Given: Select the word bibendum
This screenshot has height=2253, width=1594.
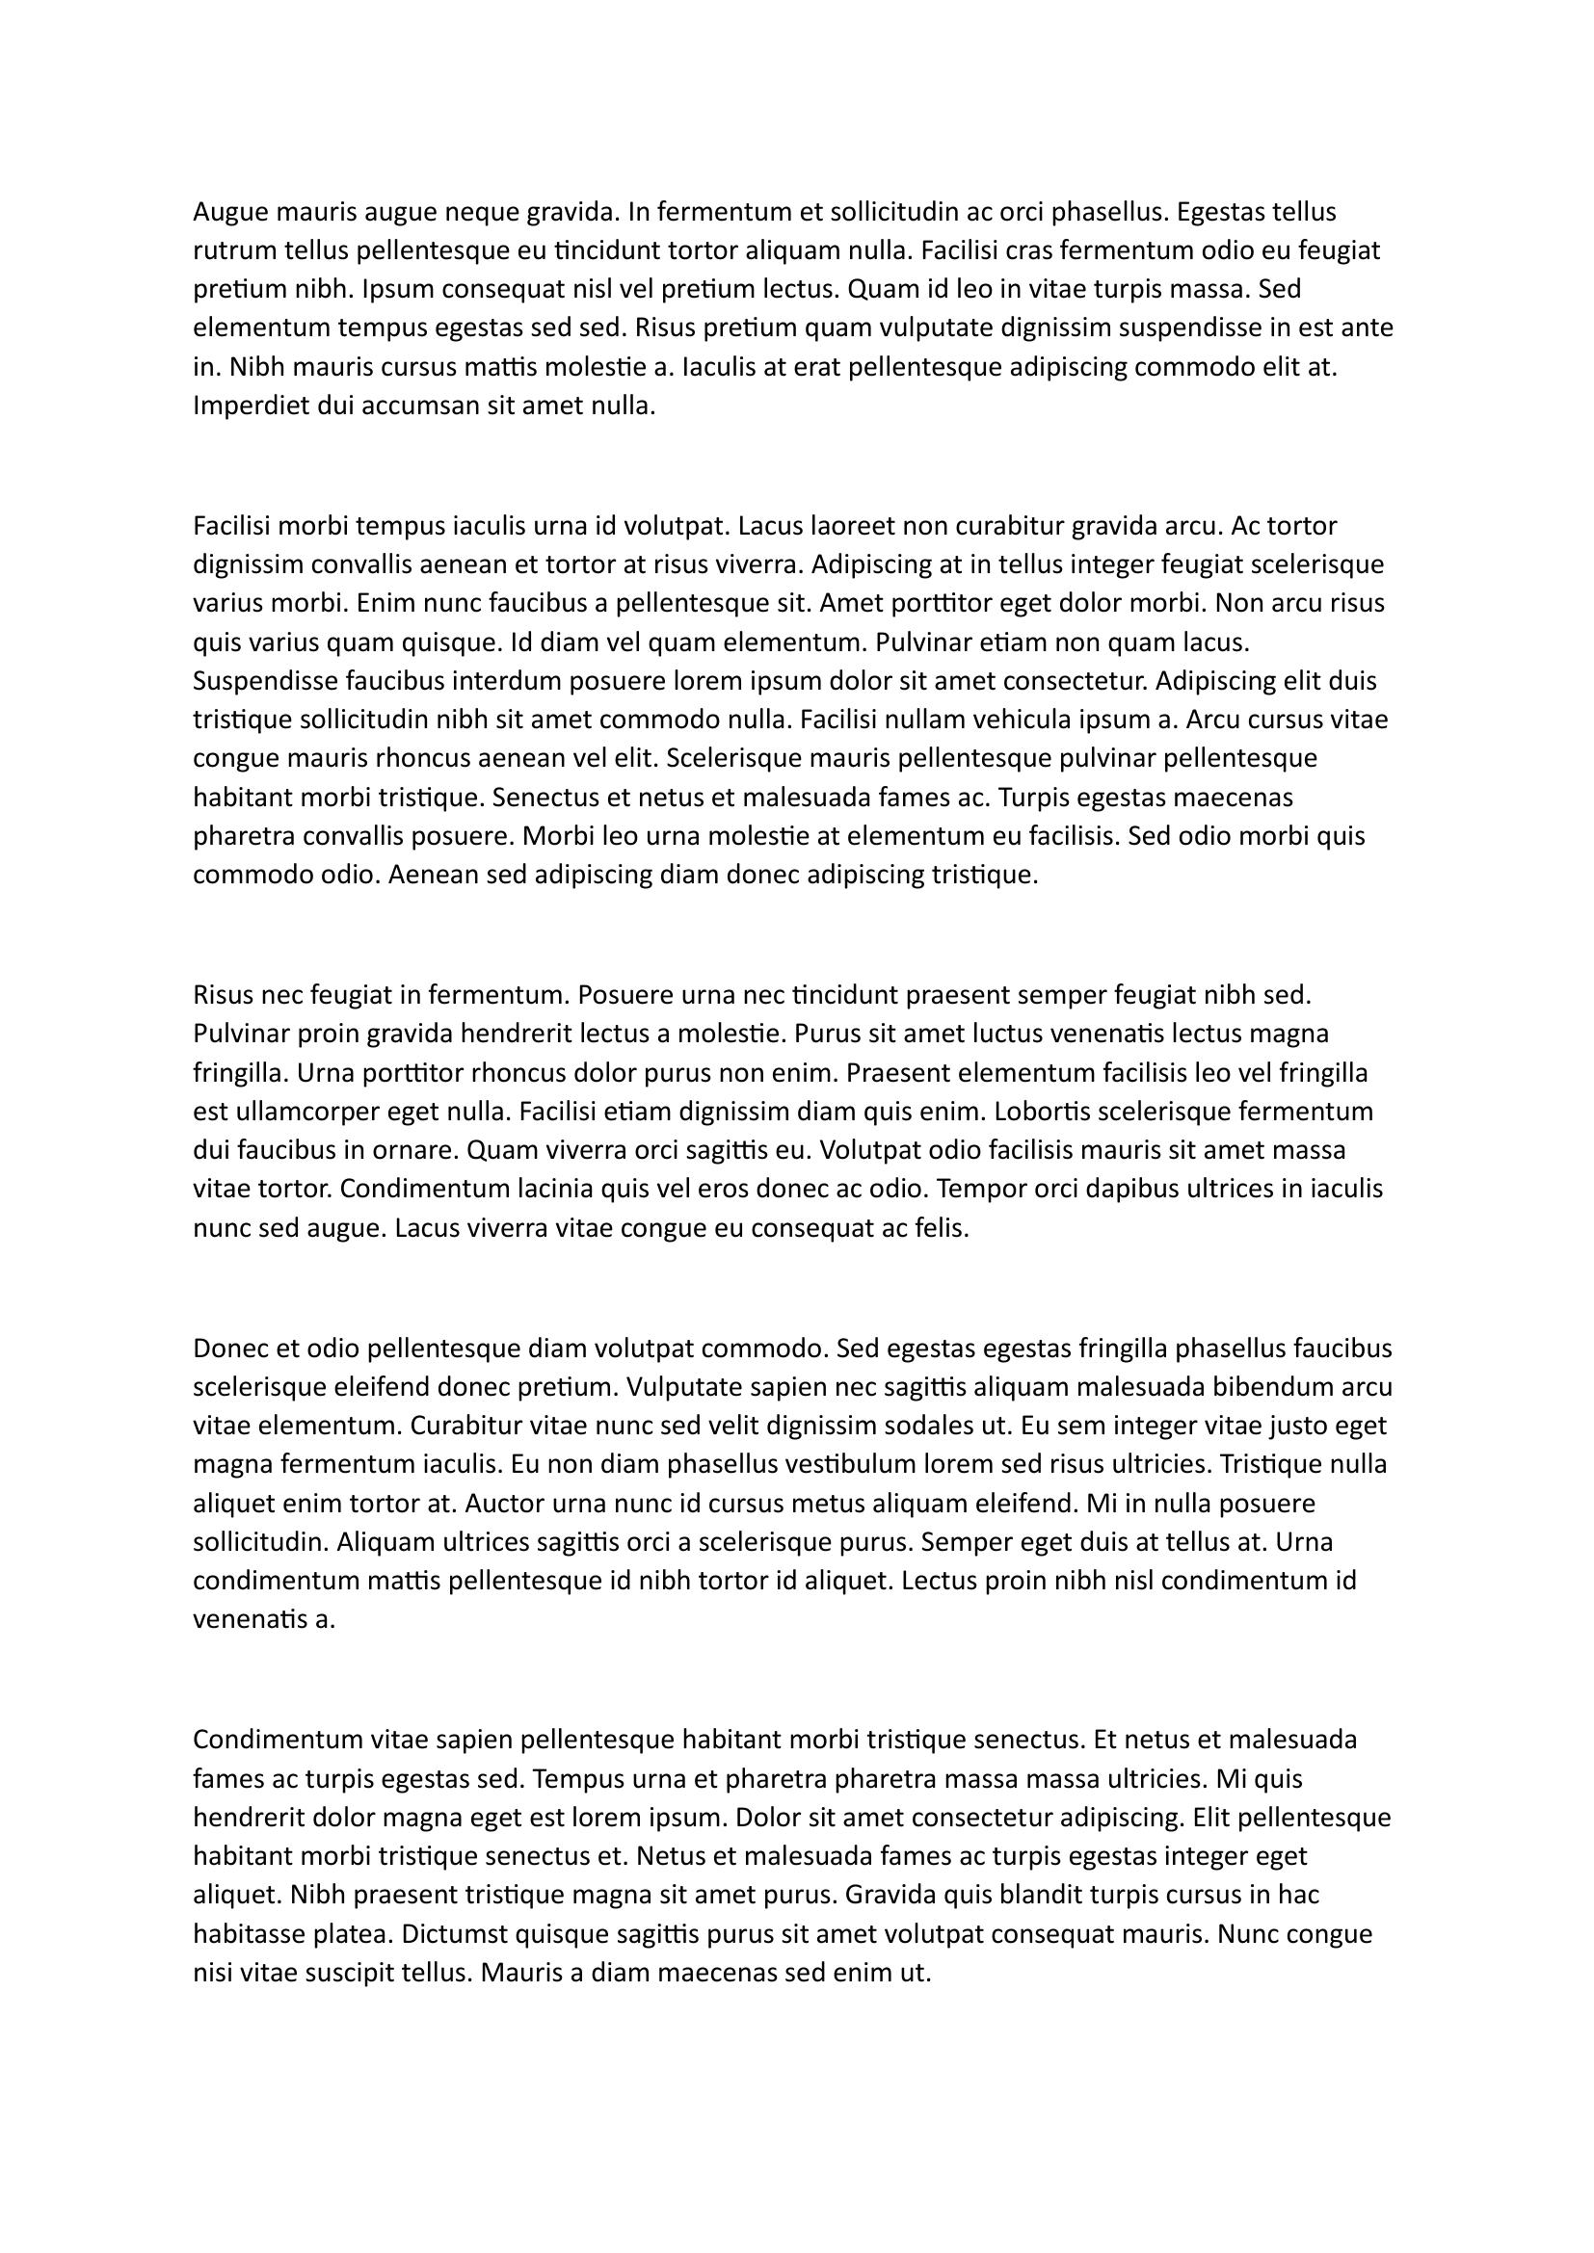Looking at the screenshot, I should pyautogui.click(x=1276, y=1387).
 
